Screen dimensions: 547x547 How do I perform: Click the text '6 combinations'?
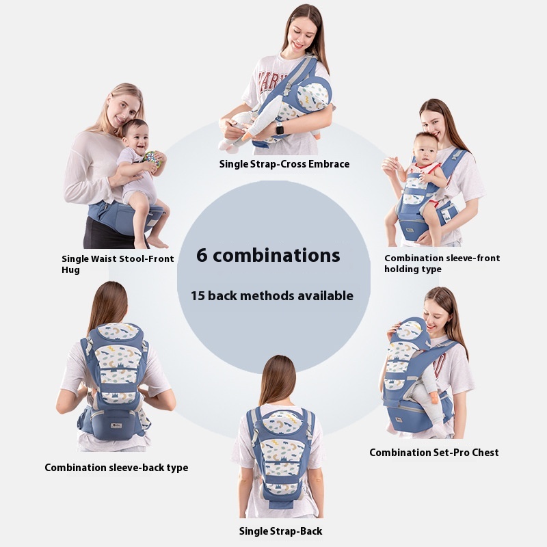point(268,255)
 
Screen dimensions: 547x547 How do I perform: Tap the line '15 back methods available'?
point(271,296)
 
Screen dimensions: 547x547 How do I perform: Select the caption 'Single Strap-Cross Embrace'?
point(284,164)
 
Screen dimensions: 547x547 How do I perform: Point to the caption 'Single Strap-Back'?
point(280,531)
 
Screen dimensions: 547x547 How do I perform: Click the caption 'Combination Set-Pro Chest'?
point(434,453)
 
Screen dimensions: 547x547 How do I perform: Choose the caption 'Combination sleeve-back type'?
point(116,468)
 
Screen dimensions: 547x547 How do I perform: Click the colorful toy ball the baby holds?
point(152,159)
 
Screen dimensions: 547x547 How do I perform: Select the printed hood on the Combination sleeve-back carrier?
point(117,332)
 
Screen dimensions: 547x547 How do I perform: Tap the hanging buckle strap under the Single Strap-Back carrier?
point(282,505)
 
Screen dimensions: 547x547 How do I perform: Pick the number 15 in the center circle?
point(197,296)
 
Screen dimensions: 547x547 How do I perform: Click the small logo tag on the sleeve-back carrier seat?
point(116,425)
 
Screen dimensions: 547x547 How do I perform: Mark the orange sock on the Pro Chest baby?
point(434,398)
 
